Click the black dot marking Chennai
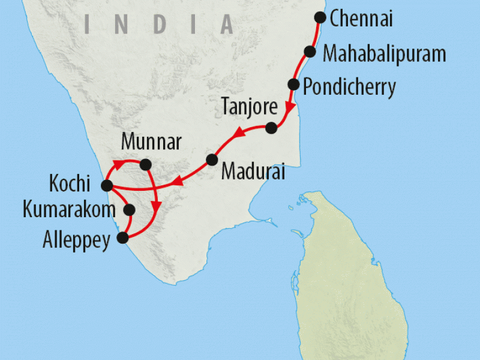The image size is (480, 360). click(320, 17)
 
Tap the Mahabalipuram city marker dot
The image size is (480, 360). click(310, 52)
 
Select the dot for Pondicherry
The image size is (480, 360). click(293, 84)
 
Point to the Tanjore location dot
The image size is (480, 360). click(271, 127)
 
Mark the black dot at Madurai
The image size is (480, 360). click(211, 160)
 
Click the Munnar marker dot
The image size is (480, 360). click(145, 163)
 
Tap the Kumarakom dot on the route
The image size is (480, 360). click(128, 210)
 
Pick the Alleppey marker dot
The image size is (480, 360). click(122, 238)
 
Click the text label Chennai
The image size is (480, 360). click(362, 19)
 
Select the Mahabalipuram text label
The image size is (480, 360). click(385, 54)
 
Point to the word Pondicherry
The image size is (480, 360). click(349, 88)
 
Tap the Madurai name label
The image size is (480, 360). click(252, 171)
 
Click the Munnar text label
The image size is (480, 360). click(151, 143)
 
